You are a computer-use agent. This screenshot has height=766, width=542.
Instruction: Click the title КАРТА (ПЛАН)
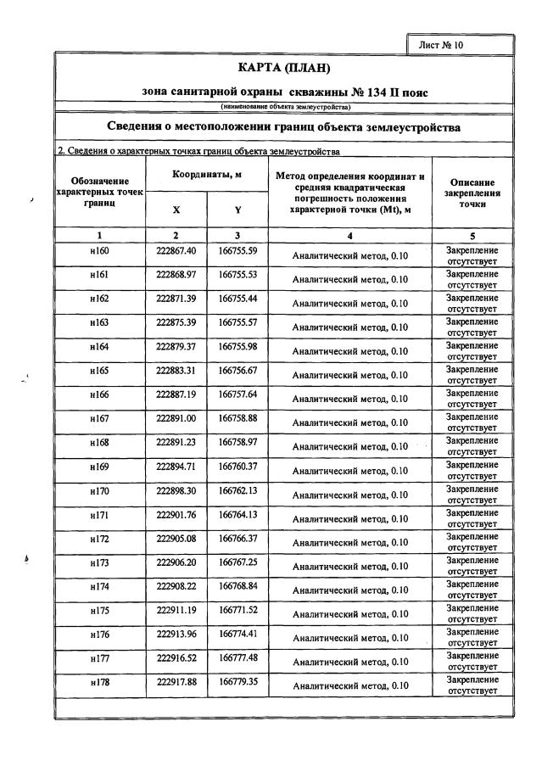point(284,68)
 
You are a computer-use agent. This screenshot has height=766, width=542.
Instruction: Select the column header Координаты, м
point(207,174)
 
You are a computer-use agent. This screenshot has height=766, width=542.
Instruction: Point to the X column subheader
point(176,210)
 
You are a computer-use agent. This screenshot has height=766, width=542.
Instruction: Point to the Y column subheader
point(237,210)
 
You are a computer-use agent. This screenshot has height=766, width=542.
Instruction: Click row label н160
point(99,251)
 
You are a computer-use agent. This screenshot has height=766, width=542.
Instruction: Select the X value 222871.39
point(176,299)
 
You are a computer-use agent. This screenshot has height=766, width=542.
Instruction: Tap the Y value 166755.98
point(237,346)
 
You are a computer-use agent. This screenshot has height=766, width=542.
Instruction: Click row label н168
point(99,442)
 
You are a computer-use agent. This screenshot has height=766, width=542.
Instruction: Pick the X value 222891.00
point(176,418)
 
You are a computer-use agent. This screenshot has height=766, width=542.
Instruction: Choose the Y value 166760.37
point(237,466)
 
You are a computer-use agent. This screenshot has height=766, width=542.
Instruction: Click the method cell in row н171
point(349,518)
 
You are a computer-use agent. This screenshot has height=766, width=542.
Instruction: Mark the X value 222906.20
point(176,562)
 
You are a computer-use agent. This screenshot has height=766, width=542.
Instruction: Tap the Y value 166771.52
point(237,609)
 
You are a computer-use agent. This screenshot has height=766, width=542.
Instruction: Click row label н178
point(99,680)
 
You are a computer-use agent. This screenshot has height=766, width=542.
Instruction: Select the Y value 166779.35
point(237,680)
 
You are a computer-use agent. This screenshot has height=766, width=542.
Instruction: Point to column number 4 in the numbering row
point(349,235)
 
